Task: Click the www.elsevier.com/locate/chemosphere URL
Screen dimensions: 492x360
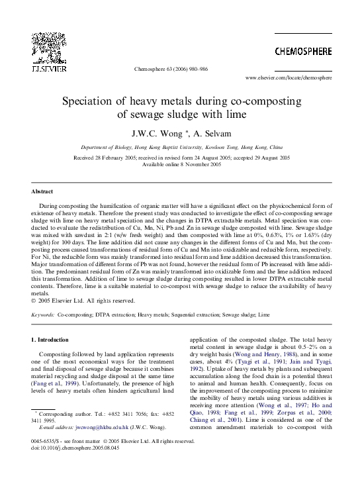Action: [289, 77]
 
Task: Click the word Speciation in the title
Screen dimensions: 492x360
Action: [89, 101]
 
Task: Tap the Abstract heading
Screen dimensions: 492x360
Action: [42, 191]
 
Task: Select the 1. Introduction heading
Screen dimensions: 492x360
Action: [50, 340]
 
